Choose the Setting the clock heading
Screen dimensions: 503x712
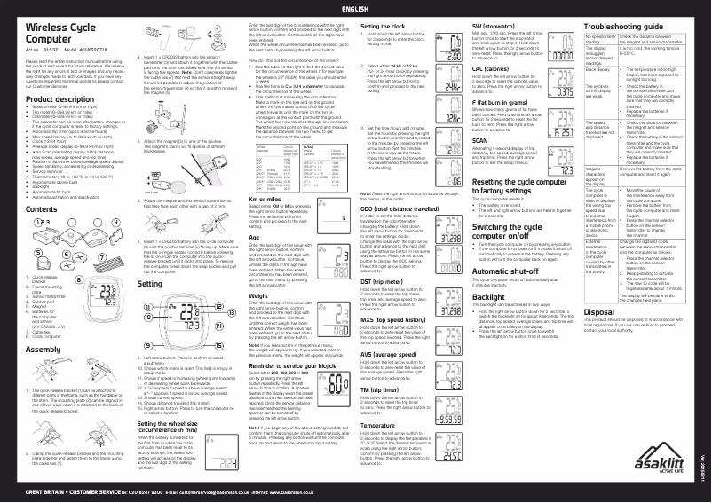pyautogui.click(x=388, y=28)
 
